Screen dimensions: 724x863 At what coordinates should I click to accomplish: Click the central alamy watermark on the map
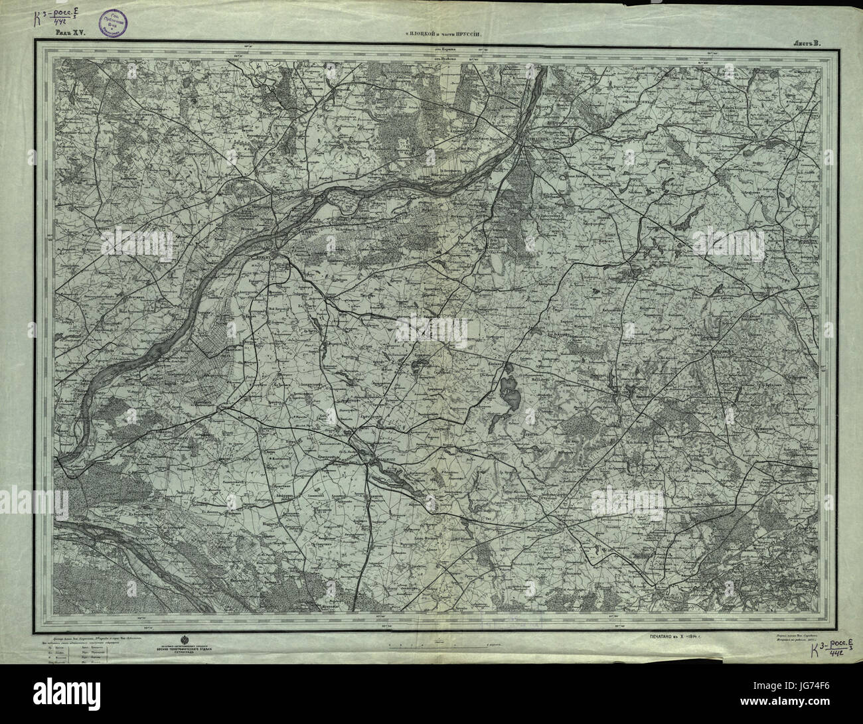click(431, 328)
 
